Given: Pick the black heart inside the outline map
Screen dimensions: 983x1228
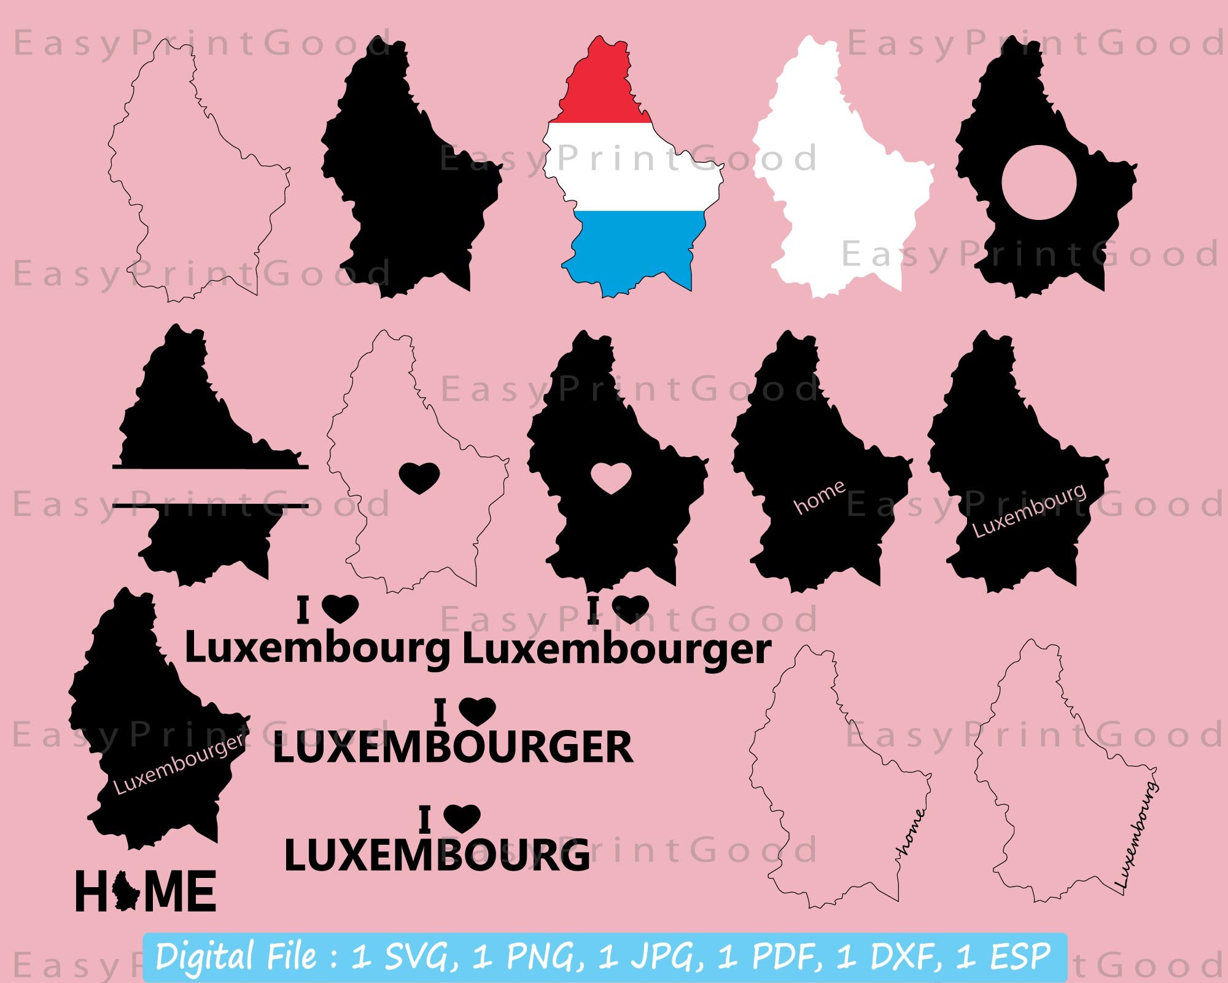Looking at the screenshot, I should point(419,478).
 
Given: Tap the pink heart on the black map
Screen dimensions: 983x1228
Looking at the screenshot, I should point(612,478).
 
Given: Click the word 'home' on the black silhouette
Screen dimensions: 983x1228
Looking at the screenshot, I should point(820,498).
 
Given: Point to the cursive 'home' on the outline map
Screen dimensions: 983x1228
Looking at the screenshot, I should point(911,832).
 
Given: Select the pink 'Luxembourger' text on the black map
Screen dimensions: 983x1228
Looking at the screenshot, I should point(179,765).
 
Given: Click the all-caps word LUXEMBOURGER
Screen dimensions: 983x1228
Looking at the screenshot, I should point(453,748).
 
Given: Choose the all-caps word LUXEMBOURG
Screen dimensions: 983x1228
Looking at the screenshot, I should point(437,855).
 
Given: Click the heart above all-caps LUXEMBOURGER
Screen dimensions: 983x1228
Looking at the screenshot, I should point(478,711).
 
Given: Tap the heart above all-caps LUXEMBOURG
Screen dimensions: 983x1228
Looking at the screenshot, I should point(462,818).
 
